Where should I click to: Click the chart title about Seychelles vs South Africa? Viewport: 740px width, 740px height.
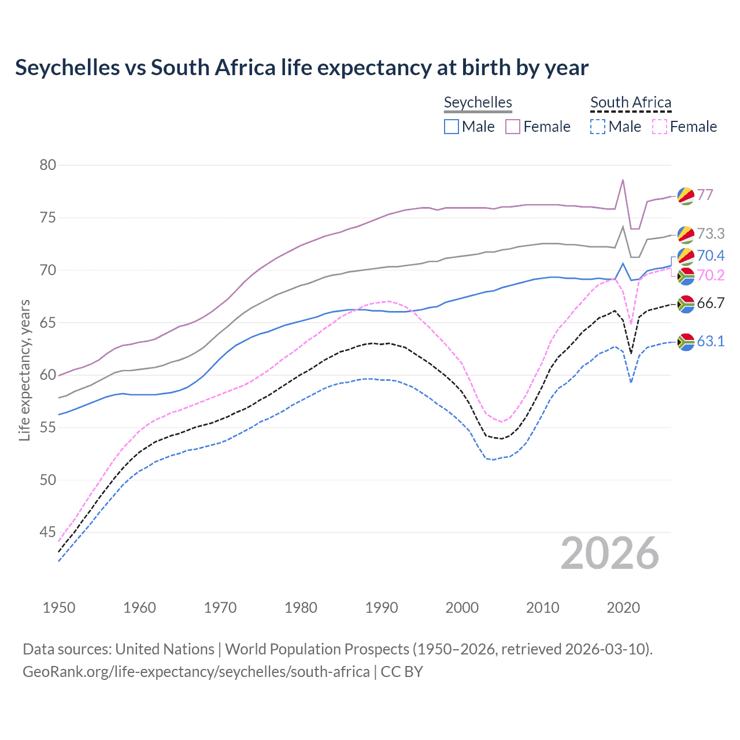coord(301,68)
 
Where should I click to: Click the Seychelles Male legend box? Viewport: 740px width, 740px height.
coord(452,127)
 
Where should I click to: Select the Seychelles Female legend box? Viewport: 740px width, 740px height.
coord(513,127)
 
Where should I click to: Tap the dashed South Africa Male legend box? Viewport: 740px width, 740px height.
coord(598,127)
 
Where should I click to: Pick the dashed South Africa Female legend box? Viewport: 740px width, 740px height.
coord(660,127)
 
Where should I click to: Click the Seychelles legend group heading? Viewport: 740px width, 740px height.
coord(478,102)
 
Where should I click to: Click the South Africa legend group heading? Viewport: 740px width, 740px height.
coord(630,102)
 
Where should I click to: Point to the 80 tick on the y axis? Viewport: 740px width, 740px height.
coord(48,165)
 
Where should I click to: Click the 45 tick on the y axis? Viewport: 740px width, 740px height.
coord(48,532)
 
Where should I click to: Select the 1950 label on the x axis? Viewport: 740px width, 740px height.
coord(59,608)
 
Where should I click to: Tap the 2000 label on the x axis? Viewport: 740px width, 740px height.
coord(462,608)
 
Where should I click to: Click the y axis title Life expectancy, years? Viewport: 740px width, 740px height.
coord(24,370)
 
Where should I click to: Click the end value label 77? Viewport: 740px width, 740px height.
coord(705,195)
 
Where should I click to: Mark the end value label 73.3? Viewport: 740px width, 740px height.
coord(711,234)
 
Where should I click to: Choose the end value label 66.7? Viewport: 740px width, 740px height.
coord(711,303)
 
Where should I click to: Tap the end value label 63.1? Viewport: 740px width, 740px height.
coord(711,341)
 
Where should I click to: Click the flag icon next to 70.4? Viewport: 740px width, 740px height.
coord(686,256)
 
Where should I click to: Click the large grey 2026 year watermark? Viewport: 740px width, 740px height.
coord(610,553)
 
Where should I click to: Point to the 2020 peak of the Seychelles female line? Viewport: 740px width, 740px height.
coord(623,180)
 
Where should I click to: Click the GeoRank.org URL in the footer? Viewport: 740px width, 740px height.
coord(196,672)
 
